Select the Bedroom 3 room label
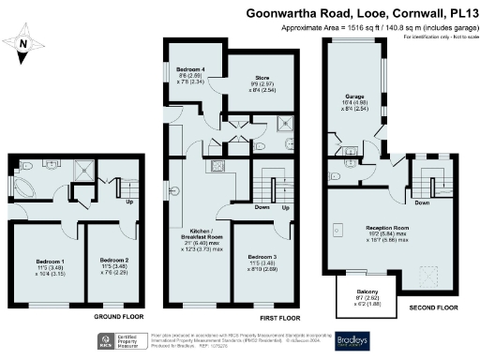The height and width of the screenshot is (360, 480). (x=262, y=260)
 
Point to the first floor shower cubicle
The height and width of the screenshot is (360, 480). (x=281, y=122)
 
